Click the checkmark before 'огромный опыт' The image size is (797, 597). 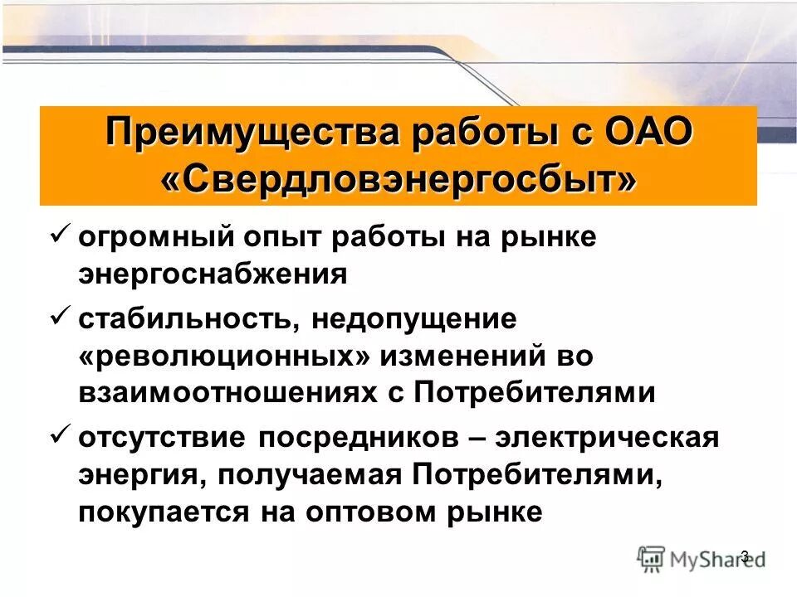pos(60,235)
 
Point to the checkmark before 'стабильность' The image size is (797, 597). pos(60,315)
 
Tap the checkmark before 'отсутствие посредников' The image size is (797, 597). pos(60,434)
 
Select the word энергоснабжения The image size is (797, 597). pos(213,274)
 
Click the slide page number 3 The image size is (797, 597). pos(744,556)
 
